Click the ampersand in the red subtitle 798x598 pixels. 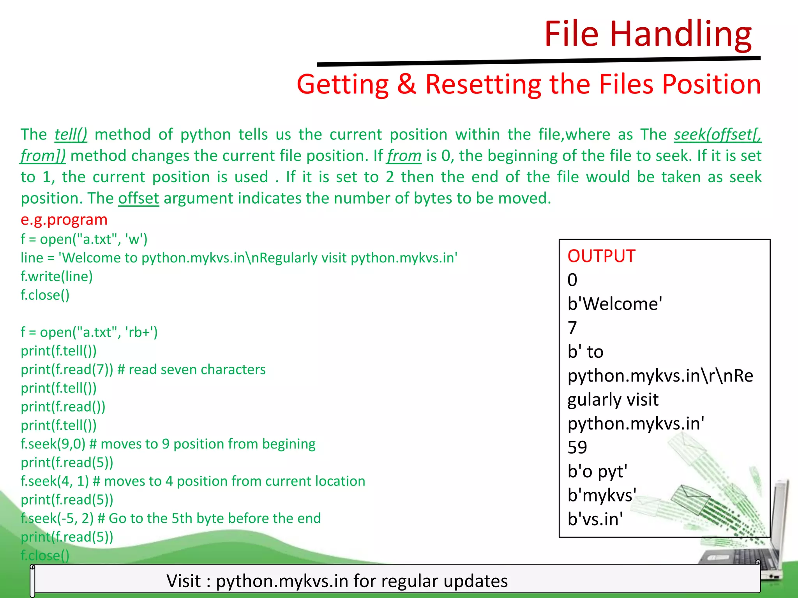[x=406, y=84]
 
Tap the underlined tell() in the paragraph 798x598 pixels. [x=71, y=135]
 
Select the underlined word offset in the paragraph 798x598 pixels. [x=138, y=199]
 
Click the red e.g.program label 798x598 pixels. [x=64, y=220]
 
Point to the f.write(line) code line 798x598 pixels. [x=57, y=276]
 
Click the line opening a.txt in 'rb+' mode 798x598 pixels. [x=89, y=332]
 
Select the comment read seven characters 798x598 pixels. [x=197, y=369]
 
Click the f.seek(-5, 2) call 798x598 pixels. [x=57, y=519]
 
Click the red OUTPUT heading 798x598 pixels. [x=601, y=256]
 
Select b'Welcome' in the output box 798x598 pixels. [x=614, y=304]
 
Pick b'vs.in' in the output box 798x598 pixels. [x=595, y=519]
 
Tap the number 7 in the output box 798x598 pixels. [x=572, y=328]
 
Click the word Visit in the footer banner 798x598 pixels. [x=184, y=581]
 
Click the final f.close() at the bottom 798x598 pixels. [x=45, y=556]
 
